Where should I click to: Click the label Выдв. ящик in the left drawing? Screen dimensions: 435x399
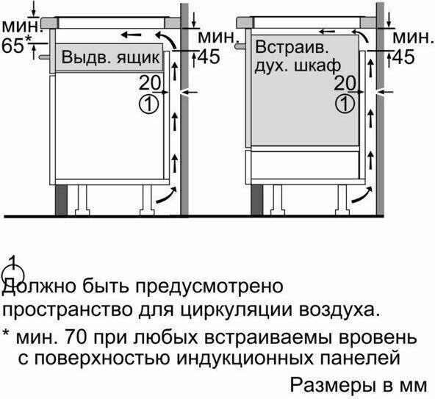tap(110, 57)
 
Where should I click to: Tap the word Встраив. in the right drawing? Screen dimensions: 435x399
tap(292, 47)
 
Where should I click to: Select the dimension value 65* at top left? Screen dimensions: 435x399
tap(17, 46)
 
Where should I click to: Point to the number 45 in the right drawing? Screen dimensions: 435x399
tap(404, 57)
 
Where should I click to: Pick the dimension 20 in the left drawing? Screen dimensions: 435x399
tap(150, 83)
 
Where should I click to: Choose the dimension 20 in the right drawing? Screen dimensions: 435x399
tap(345, 83)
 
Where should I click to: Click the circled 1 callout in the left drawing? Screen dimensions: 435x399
tap(148, 104)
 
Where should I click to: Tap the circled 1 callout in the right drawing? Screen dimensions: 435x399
tap(345, 104)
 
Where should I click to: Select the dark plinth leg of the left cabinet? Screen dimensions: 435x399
tap(61, 200)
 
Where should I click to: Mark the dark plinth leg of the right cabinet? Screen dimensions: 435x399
tap(257, 200)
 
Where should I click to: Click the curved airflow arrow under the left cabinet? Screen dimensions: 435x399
tap(167, 195)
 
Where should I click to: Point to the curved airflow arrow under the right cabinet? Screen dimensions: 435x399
tap(362, 195)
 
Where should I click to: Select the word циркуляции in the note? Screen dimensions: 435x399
tap(237, 311)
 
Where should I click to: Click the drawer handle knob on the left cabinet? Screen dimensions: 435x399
tap(44, 57)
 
